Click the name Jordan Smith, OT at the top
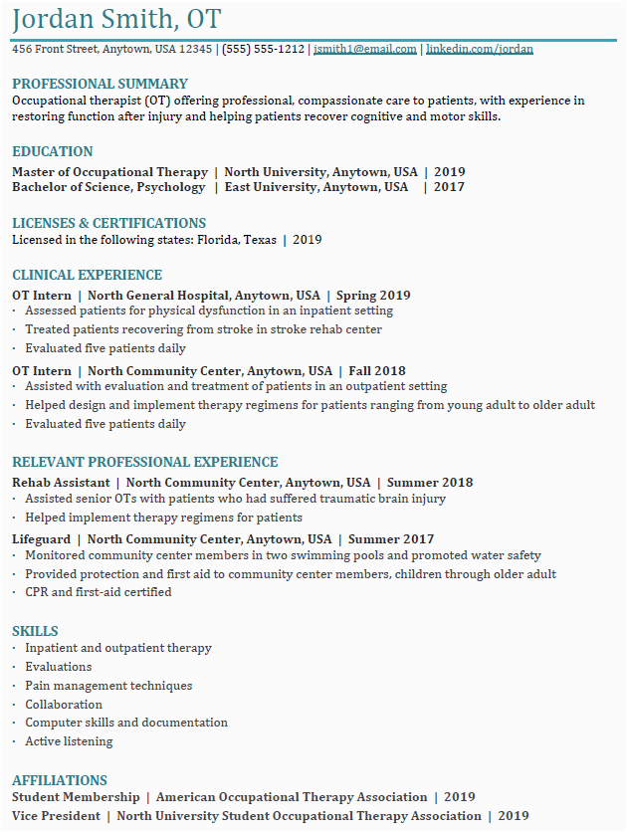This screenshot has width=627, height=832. tap(116, 19)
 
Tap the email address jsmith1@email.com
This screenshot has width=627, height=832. tap(364, 49)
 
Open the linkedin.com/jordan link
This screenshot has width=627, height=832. tap(479, 49)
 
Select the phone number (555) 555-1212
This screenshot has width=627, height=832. tap(263, 49)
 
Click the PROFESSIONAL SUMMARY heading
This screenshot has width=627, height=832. tap(100, 84)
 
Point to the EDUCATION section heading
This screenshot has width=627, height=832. tap(52, 151)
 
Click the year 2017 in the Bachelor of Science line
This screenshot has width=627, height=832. tap(449, 187)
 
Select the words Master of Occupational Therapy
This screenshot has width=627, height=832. tap(109, 172)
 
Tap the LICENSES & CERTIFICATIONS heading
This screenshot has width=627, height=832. tap(108, 223)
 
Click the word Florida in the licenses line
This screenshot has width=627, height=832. tap(217, 240)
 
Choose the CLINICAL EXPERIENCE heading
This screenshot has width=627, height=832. tap(87, 275)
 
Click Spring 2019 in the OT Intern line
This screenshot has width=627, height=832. tap(373, 296)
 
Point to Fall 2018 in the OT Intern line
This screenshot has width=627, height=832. tap(377, 371)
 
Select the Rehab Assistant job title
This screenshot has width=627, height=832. tap(61, 483)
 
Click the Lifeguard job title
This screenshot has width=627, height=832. tap(41, 539)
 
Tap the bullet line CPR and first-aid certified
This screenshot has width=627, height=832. tap(98, 592)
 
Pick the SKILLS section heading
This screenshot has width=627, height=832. tap(35, 631)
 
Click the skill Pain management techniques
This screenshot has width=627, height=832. tap(108, 686)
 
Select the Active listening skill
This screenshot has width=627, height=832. tap(69, 741)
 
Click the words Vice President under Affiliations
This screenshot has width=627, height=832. tap(56, 816)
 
